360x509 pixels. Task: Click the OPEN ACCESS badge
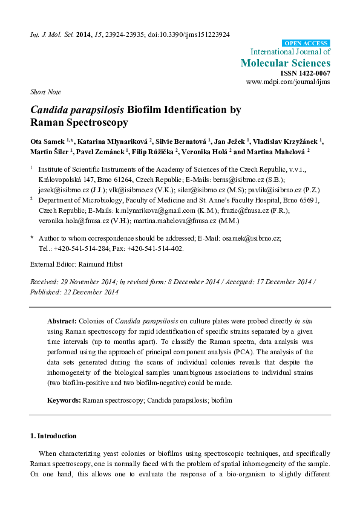coord(307,44)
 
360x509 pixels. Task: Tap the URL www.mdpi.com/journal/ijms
coord(288,81)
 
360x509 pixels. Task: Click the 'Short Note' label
coord(43,92)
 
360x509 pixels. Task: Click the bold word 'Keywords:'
coord(65,400)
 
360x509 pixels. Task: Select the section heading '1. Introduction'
coord(53,436)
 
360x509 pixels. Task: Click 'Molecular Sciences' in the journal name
coord(286,63)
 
